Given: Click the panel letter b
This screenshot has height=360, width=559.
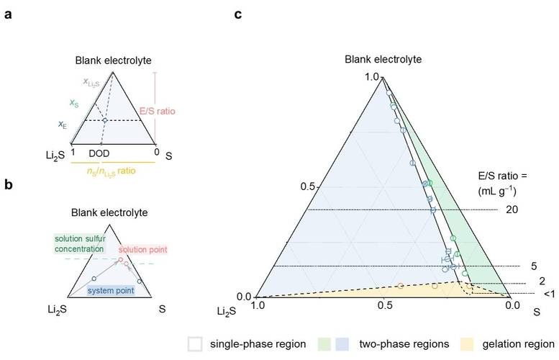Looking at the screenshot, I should tap(7, 185).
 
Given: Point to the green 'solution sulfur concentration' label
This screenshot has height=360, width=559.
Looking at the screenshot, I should tap(82, 243).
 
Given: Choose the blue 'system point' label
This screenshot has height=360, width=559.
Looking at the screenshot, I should tap(108, 289).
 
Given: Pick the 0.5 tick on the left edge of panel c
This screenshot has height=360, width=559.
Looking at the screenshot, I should tap(307, 186).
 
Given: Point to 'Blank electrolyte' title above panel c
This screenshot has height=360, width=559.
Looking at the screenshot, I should tap(383, 59).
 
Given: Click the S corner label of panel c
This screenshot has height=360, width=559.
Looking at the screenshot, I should tap(536, 311).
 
